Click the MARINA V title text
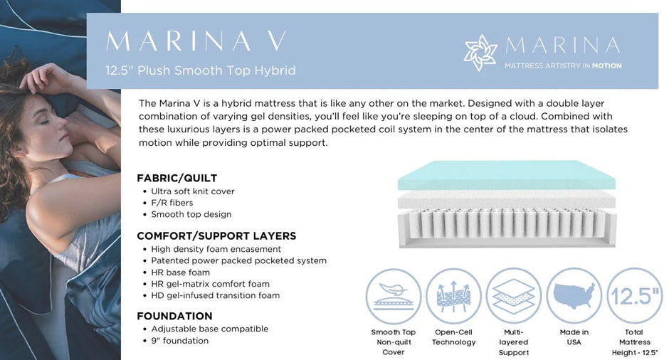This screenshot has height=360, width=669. click(196, 41)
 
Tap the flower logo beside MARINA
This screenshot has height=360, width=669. click(480, 53)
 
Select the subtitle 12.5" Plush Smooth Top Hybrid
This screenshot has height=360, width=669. click(200, 70)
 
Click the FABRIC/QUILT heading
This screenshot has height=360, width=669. click(177, 178)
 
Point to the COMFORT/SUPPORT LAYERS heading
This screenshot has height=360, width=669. click(216, 235)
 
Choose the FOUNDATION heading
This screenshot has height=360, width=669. click(174, 316)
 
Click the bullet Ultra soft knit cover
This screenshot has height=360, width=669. click(192, 191)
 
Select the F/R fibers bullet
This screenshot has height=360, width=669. click(172, 203)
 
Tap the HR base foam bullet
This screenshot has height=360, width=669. click(180, 272)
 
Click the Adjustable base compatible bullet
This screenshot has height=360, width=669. click(209, 329)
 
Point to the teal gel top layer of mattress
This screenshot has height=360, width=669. click(506, 175)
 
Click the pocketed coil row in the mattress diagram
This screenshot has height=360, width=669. click(506, 225)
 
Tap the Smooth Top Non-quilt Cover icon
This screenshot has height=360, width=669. click(394, 296)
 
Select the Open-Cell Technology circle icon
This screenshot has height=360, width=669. click(453, 296)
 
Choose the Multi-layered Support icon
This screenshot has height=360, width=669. click(514, 296)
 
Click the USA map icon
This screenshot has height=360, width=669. click(574, 296)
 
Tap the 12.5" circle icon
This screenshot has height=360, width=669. click(634, 296)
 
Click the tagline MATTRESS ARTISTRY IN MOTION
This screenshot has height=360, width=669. click(562, 65)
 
